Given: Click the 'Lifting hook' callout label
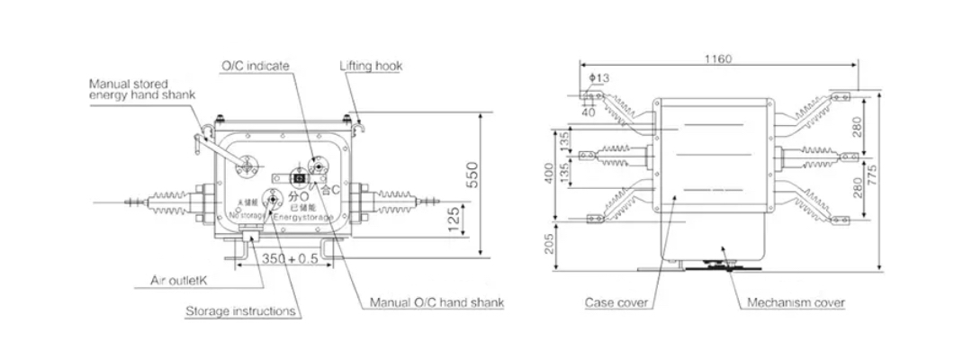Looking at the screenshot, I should tap(371, 67).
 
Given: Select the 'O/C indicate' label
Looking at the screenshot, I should tap(256, 66).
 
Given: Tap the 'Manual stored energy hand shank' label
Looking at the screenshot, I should tap(140, 88).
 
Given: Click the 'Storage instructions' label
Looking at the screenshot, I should tap(240, 311).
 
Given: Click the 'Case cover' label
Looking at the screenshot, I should tap(616, 303).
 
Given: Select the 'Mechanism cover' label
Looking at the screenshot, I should tap(796, 303).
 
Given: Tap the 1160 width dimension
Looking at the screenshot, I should tap(717, 59).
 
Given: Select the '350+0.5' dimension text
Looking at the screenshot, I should tap(286, 258).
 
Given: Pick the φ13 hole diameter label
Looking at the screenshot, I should tap(598, 78).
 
